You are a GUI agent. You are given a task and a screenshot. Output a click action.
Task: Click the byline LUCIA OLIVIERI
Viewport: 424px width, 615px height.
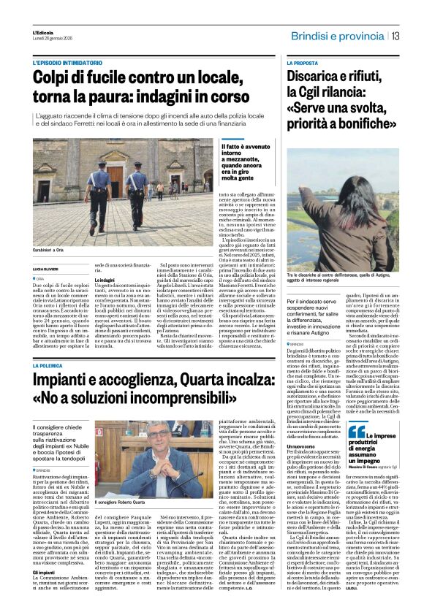45,270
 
